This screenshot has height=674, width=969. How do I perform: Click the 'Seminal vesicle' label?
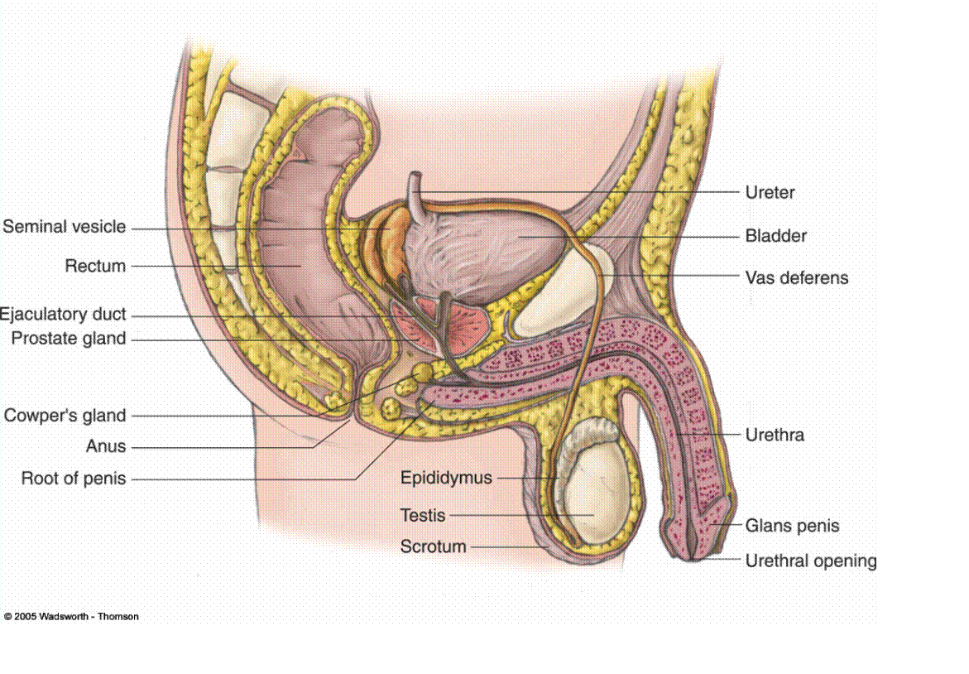pyautogui.click(x=65, y=226)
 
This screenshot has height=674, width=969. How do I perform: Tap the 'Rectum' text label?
pyautogui.click(x=95, y=266)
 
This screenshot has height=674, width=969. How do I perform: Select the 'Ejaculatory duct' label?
pyautogui.click(x=63, y=314)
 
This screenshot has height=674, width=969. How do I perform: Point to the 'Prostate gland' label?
pyautogui.click(x=69, y=338)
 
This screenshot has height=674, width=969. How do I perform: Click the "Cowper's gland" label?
pyautogui.click(x=65, y=415)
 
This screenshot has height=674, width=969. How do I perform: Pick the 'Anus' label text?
pyautogui.click(x=106, y=445)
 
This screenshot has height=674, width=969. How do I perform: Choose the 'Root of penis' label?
pyautogui.click(x=74, y=478)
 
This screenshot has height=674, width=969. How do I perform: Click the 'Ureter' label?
pyautogui.click(x=770, y=192)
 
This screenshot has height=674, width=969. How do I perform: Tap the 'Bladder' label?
pyautogui.click(x=776, y=236)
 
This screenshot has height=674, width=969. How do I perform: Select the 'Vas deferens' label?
pyautogui.click(x=797, y=277)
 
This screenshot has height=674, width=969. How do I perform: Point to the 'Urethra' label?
pyautogui.click(x=775, y=435)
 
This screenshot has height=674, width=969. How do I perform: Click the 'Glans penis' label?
pyautogui.click(x=792, y=526)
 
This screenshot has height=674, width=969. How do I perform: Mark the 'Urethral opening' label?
pyautogui.click(x=811, y=561)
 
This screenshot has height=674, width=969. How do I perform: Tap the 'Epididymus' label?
pyautogui.click(x=446, y=478)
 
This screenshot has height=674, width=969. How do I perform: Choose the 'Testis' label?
pyautogui.click(x=423, y=515)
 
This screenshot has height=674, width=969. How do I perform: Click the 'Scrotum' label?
pyautogui.click(x=434, y=546)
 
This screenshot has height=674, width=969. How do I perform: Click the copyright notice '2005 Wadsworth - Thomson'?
pyautogui.click(x=72, y=617)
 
